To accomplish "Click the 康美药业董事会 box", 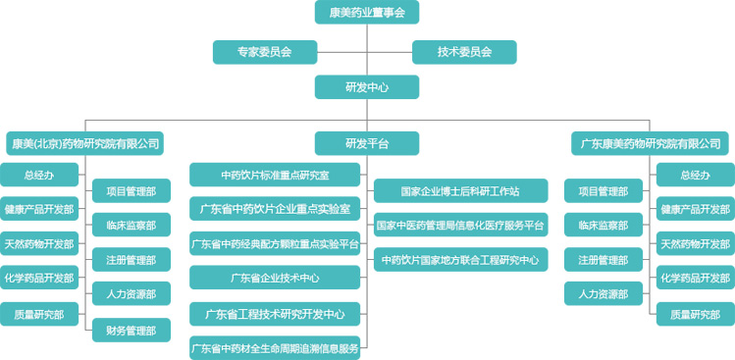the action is [367, 12].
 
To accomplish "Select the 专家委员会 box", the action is [265, 52].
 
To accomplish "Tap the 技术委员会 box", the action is [464, 52].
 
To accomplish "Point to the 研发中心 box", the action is [367, 87].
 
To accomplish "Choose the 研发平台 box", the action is [367, 143].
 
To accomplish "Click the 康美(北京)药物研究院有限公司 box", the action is [84, 143].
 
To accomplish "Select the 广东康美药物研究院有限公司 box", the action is [650, 143].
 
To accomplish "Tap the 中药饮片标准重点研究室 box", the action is [275, 175].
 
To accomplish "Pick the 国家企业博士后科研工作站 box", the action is [460, 190].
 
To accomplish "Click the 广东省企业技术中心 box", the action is [275, 278].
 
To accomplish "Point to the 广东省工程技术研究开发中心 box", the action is [275, 314].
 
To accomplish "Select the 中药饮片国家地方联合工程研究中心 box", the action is [460, 260].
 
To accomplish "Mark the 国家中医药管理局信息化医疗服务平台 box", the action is [460, 225].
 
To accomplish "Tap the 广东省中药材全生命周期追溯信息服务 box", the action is [275, 348].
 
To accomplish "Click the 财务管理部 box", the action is [131, 331].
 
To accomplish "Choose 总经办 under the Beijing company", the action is [39, 175].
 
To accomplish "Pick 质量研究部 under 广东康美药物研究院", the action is [695, 314].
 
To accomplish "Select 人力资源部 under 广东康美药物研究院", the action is [604, 293].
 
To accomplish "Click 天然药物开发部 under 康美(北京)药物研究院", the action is [39, 243].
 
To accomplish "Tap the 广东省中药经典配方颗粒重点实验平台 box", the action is [275, 243].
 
